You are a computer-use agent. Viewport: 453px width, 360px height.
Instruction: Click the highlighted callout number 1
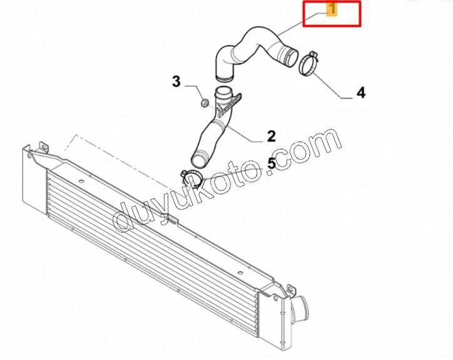(x=332, y=9)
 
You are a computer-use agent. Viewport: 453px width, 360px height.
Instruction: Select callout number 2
(x=272, y=136)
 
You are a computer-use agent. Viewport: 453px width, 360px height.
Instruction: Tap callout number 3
(x=176, y=81)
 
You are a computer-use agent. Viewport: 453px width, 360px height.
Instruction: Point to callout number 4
(x=361, y=93)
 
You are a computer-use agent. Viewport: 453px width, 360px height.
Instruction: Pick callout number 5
(x=272, y=163)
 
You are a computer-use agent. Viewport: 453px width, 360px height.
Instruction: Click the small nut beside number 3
(x=205, y=103)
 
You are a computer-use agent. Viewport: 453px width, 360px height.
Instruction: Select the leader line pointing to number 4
(x=332, y=85)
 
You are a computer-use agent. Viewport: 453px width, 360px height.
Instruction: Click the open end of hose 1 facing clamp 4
(x=292, y=58)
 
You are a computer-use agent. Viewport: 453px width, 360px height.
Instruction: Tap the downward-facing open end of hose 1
(x=224, y=78)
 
